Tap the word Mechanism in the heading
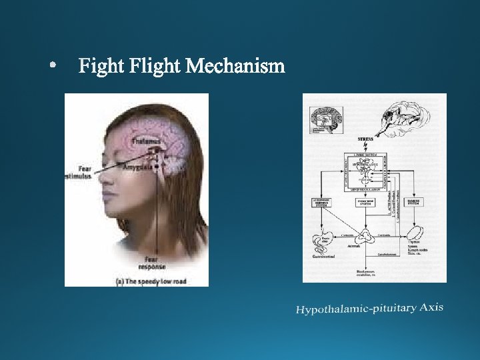235,67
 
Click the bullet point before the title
53,67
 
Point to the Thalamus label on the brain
147,141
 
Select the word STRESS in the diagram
365,139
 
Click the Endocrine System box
365,201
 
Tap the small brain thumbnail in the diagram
326,121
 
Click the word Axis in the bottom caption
431,307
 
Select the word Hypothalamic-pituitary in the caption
356,309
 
